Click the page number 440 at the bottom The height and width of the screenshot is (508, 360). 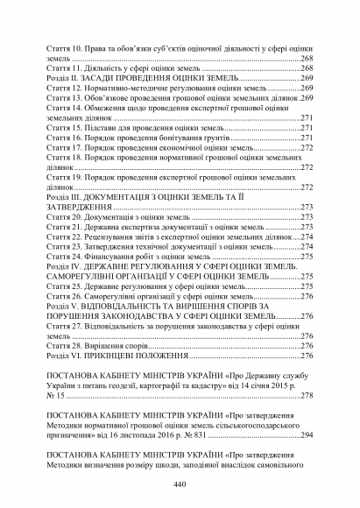(180, 484)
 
